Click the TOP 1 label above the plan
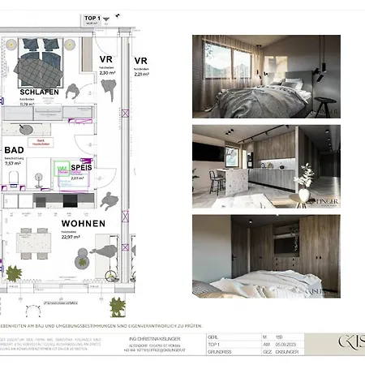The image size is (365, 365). click(92, 17)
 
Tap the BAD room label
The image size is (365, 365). click(14, 150)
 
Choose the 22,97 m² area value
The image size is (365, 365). click(72, 237)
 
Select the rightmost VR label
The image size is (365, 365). click(141, 61)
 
